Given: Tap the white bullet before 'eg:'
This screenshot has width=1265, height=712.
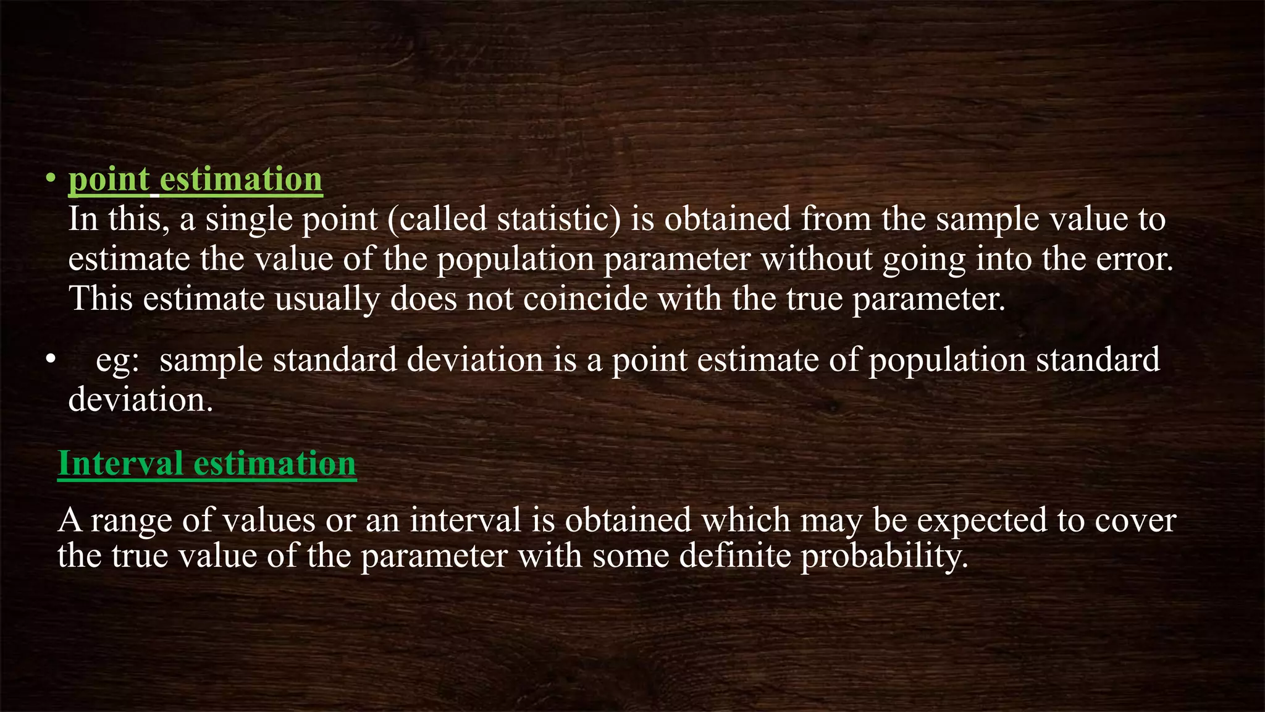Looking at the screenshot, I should click(x=51, y=360).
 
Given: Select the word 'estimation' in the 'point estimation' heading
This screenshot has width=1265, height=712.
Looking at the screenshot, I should click(x=241, y=179).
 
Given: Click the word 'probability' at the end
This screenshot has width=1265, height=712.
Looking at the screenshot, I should click(x=882, y=556).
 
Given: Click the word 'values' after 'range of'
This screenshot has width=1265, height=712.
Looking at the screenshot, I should click(x=269, y=520).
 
